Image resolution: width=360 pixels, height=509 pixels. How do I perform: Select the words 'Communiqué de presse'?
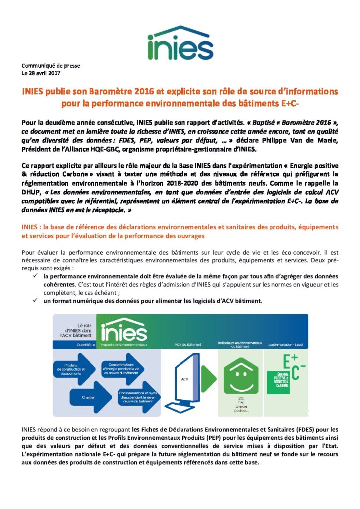click(50, 66)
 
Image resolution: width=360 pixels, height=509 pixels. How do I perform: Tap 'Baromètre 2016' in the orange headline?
click(144, 92)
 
